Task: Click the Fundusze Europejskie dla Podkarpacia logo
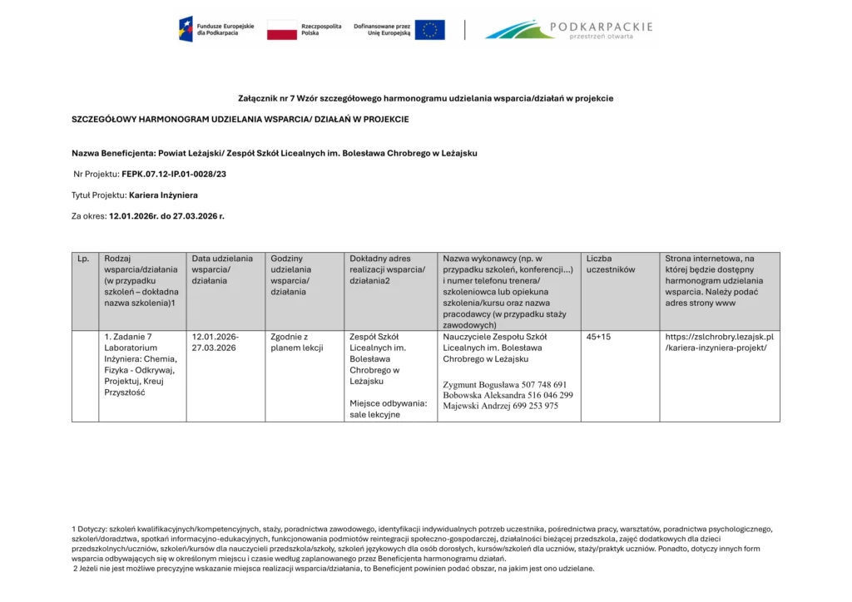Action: [208, 29]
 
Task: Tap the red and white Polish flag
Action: [282, 31]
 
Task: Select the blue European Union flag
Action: [429, 30]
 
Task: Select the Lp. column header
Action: [83, 259]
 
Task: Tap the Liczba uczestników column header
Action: [610, 264]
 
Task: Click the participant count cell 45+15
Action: [598, 337]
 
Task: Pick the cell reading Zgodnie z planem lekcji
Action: [296, 343]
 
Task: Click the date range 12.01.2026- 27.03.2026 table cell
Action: [215, 343]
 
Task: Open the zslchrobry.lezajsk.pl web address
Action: [719, 343]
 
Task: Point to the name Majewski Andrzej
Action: [478, 407]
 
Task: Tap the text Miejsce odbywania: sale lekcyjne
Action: [388, 408]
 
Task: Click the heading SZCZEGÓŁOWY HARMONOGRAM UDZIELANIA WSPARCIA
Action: [240, 120]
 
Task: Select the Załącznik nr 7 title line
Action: [425, 99]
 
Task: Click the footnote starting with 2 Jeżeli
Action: [333, 569]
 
